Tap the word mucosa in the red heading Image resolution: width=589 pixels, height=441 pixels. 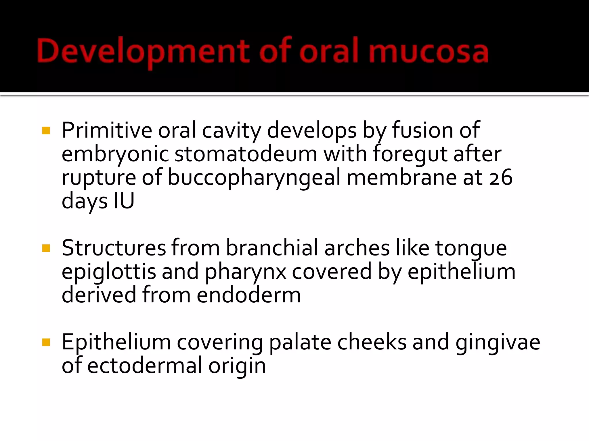428,52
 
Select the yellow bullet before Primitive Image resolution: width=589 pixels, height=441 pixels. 46,131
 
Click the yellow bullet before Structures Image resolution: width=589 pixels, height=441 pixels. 46,248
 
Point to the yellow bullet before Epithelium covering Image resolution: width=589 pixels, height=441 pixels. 46,342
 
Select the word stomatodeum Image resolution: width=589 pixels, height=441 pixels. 246,154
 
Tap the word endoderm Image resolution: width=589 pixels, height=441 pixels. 249,295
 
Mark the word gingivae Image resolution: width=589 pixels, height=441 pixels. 498,342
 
